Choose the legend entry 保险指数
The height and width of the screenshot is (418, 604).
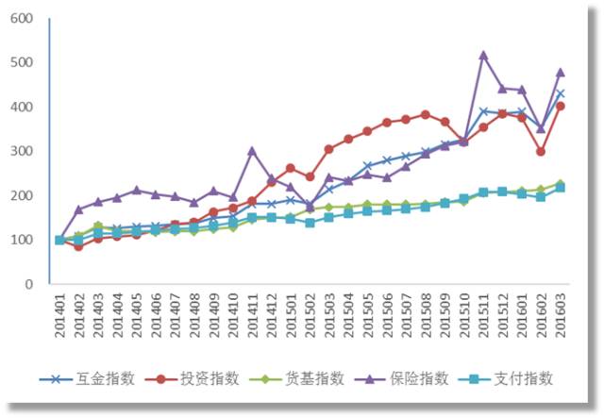(414, 379)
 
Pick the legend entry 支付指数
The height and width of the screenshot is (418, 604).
(519, 379)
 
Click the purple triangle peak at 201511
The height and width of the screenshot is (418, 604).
(483, 55)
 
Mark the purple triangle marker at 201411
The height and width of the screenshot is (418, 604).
(252, 150)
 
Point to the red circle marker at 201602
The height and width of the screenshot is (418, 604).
(541, 151)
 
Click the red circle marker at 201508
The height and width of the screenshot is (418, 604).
(425, 114)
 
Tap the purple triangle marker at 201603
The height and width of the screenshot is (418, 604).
(560, 72)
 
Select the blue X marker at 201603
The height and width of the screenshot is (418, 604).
(560, 93)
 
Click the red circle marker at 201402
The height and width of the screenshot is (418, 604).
(78, 246)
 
